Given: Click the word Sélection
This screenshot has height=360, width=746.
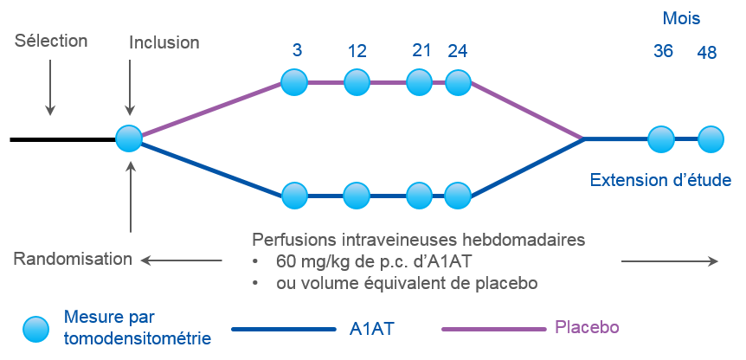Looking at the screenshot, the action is tap(51, 41).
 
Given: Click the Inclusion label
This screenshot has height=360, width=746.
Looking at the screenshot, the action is tap(164, 42).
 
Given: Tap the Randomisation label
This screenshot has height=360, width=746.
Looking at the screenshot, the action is tap(73, 259).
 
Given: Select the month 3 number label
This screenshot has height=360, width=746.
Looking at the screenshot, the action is tap(297, 50).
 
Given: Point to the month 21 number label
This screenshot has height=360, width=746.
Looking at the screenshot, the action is tap(421, 50).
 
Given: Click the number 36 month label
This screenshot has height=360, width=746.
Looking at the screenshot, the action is tap(663, 51).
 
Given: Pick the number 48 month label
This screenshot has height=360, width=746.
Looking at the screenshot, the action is tap(706, 53).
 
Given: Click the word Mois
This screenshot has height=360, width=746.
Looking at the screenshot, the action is tap(681, 18).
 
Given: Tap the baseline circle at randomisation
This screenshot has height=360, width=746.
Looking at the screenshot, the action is tap(129, 138).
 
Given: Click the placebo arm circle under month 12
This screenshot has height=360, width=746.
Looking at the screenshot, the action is tap(357, 82).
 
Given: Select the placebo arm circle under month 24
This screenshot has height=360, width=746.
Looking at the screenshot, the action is tap(458, 82).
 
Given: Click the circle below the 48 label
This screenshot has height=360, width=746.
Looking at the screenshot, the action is tap(711, 139).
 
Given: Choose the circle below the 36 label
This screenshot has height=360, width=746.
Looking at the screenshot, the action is tap(661, 139).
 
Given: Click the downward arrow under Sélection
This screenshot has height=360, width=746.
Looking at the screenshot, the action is tap(50, 87).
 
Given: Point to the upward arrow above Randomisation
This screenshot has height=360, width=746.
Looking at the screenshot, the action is tap(131, 197).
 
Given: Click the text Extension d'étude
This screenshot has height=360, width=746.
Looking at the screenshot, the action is tap(660, 180).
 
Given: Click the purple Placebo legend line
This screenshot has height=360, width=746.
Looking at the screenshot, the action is tap(493, 329).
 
